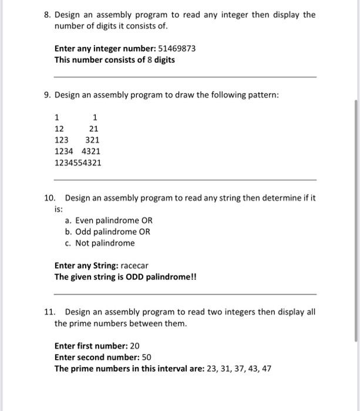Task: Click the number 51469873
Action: pyautogui.click(x=177, y=49)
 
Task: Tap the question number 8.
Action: pyautogui.click(x=48, y=15)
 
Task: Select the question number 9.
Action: pyautogui.click(x=48, y=95)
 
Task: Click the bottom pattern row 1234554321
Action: pyautogui.click(x=78, y=162)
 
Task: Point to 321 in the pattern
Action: pyautogui.click(x=92, y=140)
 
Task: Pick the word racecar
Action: pyautogui.click(x=134, y=265)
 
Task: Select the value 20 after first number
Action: pyautogui.click(x=134, y=346)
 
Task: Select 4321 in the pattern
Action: pyautogui.click(x=91, y=151)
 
